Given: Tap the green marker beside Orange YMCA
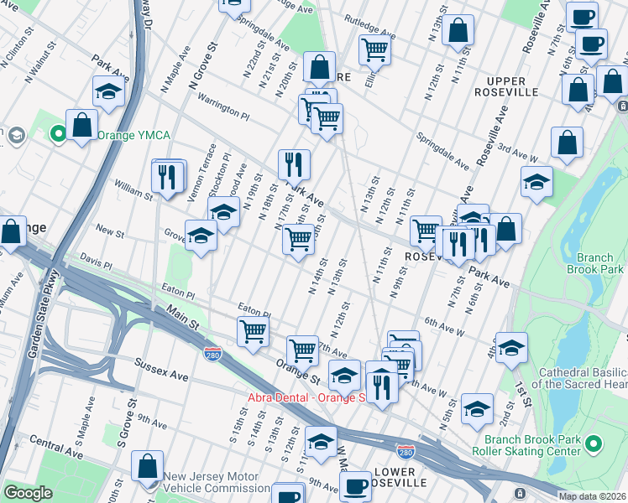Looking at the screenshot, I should click(x=58, y=133).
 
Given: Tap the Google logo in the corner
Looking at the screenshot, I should click(x=28, y=493).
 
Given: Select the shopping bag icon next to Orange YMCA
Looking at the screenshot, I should click(x=81, y=127).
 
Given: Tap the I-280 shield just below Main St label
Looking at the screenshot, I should click(x=214, y=355).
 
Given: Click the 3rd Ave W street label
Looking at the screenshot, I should click(x=518, y=153).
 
